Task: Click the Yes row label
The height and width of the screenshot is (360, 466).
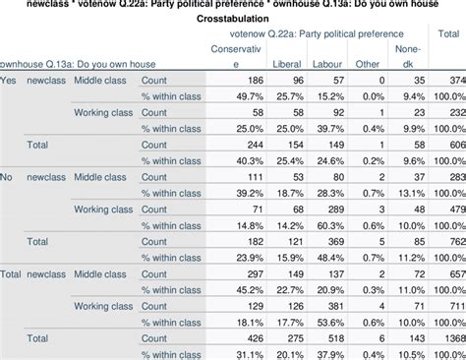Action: tap(10, 79)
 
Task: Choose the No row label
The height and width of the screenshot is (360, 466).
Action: tap(9, 176)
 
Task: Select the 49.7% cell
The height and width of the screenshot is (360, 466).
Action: tap(250, 95)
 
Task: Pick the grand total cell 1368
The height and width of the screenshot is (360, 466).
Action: tap(451, 337)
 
